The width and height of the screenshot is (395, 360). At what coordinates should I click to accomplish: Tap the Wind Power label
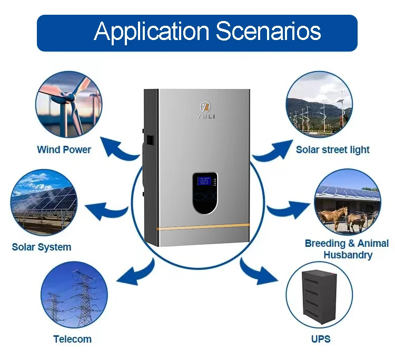64,149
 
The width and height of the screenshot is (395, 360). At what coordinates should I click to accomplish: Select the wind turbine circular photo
69,105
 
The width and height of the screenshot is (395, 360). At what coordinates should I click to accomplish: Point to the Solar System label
42,246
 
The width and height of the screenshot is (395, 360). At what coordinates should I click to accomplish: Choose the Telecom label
72,339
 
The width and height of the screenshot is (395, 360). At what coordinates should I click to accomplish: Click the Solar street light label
332,149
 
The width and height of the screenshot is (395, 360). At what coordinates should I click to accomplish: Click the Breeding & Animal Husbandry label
347,249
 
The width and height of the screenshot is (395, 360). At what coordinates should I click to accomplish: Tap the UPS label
320,338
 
